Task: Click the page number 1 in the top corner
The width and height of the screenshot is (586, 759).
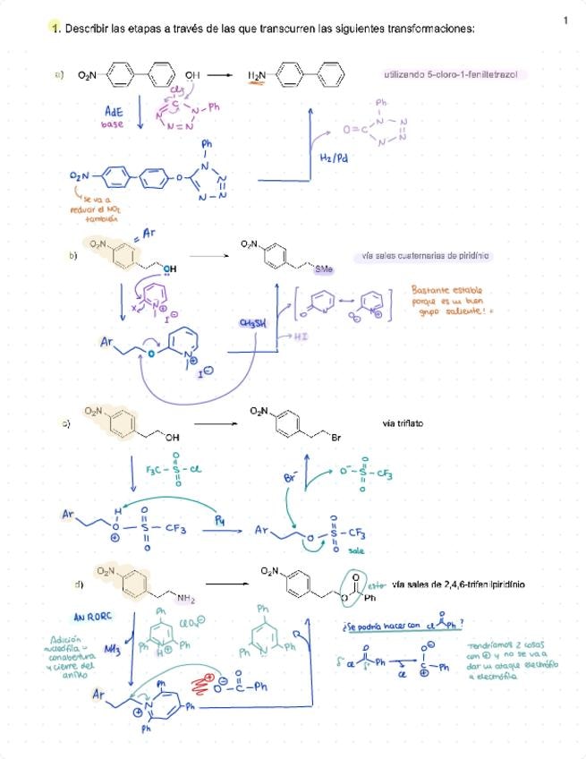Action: click(x=566, y=20)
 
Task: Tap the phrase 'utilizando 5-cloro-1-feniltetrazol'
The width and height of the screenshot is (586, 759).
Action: click(x=451, y=75)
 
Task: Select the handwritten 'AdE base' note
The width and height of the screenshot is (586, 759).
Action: click(x=114, y=118)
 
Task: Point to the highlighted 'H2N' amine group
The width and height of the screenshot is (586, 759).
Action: click(x=258, y=76)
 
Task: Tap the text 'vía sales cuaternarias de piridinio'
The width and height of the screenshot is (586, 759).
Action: click(x=426, y=256)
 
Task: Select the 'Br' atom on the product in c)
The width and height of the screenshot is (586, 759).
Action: click(x=336, y=439)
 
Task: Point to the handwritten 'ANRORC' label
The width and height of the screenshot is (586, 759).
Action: click(x=91, y=617)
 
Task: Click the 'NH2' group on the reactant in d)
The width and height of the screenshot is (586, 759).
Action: click(x=185, y=596)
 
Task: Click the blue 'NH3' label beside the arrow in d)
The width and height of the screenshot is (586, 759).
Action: click(x=114, y=651)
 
